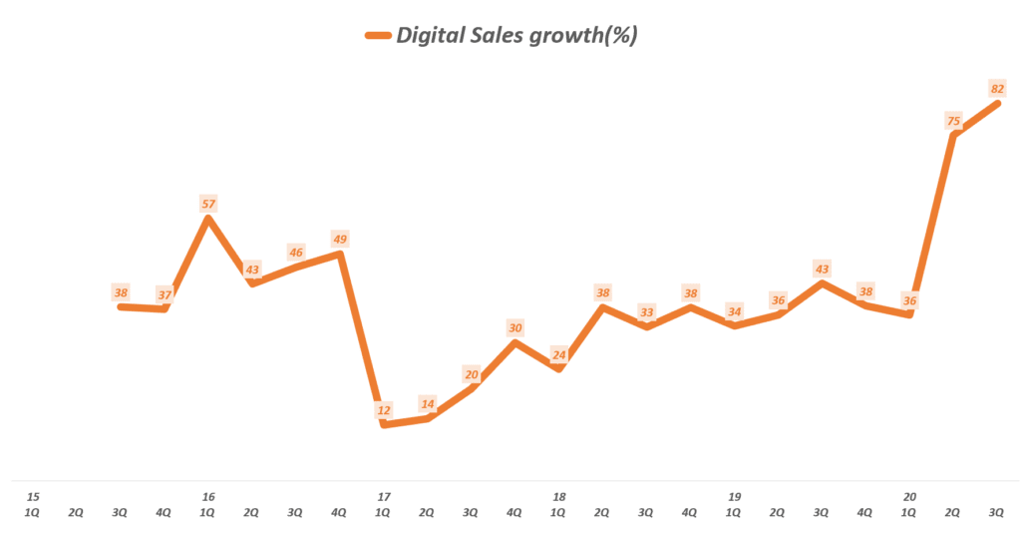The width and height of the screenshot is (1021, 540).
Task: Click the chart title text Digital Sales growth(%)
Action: pos(516,36)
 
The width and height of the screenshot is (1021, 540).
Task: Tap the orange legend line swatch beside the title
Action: pos(377,36)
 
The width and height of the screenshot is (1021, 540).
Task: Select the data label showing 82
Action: pos(996,89)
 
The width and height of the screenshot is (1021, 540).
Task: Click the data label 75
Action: pos(952,122)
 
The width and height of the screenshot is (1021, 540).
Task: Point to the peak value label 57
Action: pos(208,204)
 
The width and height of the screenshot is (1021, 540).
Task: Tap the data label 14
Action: pos(428,403)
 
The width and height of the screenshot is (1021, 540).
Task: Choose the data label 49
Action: pos(340,239)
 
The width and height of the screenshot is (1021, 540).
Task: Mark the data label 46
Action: pos(296,253)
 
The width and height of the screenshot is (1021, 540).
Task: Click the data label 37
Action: pos(165,293)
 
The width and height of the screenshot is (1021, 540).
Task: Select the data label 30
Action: pos(515,327)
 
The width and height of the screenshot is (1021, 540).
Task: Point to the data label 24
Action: pos(559,353)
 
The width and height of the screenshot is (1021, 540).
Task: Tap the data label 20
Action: pos(472,373)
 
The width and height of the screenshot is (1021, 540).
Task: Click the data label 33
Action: pos(647,312)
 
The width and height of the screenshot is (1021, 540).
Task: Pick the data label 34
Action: pos(735,310)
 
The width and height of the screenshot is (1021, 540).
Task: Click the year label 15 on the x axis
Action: pos(33,496)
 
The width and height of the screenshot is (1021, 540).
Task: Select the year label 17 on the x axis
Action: pos(383,496)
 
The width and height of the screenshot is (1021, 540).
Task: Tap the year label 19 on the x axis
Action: pos(734,496)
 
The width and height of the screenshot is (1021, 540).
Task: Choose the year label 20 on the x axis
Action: pos(909,496)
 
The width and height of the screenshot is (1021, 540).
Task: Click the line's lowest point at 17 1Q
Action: pos(384,425)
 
